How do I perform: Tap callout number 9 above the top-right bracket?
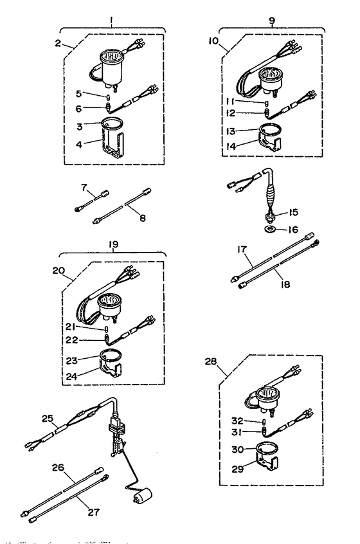coord(272,21)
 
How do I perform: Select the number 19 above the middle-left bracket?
coord(113,244)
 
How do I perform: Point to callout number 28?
coord(210,361)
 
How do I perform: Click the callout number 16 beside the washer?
coord(293,230)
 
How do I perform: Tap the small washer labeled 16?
coord(269,229)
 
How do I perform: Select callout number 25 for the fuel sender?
coord(48,419)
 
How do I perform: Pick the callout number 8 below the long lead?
coord(143,218)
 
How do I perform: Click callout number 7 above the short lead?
coord(84,188)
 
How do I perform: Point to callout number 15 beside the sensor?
coord(293,212)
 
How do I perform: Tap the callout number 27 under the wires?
coord(94,512)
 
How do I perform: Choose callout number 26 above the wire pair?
coord(58,467)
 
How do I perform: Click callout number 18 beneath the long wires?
coord(284,284)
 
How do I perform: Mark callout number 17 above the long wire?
coord(242,249)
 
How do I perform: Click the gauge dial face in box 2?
coord(111,57)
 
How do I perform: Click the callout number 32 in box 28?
coord(237,421)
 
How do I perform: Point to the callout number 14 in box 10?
coord(231,147)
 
